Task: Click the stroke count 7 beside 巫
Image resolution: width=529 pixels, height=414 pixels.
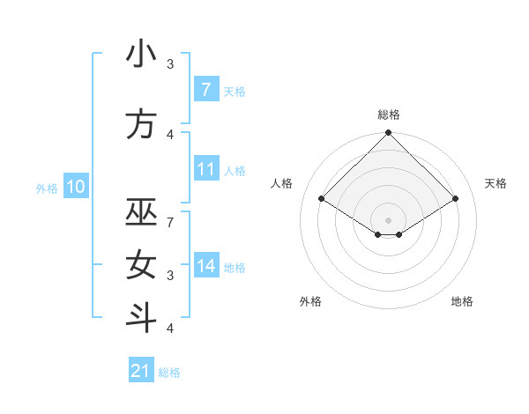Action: (170, 222)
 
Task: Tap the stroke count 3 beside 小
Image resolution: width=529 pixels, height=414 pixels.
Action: (170, 63)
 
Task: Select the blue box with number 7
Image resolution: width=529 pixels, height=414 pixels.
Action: (205, 90)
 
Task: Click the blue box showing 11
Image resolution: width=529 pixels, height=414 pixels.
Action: (205, 169)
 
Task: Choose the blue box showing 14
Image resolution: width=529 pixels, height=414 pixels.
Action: (205, 266)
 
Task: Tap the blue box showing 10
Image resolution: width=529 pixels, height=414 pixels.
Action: (76, 187)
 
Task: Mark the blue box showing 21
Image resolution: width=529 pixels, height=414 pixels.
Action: (140, 371)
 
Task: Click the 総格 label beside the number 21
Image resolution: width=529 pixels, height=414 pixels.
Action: (169, 373)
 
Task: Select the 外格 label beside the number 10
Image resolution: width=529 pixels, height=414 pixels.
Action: (46, 188)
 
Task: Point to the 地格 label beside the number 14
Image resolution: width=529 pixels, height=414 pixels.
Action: (235, 267)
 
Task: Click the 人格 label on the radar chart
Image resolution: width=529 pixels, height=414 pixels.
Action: (282, 183)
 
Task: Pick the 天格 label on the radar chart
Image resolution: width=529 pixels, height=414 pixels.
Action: (495, 183)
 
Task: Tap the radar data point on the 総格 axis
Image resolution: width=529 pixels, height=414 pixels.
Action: (388, 133)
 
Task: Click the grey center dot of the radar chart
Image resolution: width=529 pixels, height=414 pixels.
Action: (388, 218)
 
